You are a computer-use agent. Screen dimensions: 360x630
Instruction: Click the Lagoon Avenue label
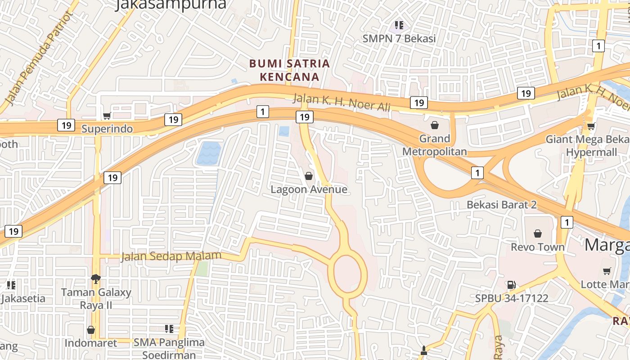coord(309,189)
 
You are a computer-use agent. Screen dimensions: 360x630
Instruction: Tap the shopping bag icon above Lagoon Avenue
coord(309,176)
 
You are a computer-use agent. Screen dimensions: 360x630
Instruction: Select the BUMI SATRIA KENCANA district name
coord(290,70)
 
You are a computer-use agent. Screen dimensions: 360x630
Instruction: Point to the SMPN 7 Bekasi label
coord(399,39)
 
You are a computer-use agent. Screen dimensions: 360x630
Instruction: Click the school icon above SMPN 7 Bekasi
coord(399,25)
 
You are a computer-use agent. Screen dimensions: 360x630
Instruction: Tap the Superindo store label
coord(107,129)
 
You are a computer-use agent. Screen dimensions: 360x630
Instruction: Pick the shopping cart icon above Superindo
coord(107,116)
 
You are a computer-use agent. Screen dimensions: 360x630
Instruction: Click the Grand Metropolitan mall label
coord(434,145)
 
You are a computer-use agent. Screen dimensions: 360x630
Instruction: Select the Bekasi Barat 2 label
coord(502,205)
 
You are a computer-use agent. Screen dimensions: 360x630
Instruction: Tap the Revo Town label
coord(537,247)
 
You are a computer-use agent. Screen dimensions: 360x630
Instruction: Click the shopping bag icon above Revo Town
coord(537,234)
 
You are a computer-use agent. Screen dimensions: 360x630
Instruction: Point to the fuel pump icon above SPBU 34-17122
coord(511,284)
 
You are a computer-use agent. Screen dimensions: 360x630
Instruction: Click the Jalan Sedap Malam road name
coord(171,256)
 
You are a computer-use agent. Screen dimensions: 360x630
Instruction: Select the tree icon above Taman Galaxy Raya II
coord(95,279)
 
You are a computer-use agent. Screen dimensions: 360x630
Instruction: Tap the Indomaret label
coord(91,343)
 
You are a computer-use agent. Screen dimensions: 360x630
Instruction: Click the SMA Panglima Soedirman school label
coord(169,348)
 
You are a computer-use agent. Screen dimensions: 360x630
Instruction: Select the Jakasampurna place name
coord(171,4)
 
